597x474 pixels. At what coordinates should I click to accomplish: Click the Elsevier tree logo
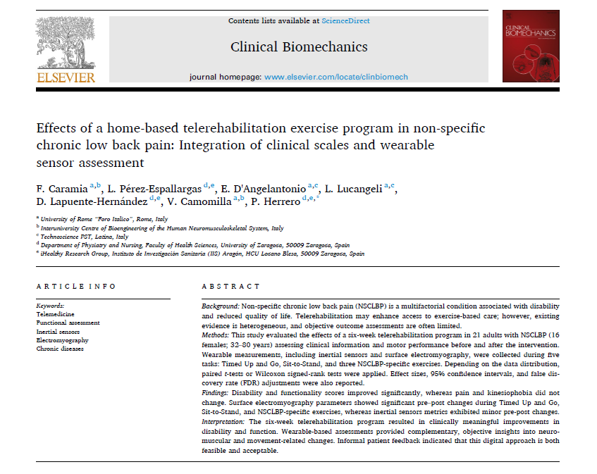(x=65, y=42)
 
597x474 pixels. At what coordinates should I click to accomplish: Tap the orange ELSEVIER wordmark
(x=66, y=77)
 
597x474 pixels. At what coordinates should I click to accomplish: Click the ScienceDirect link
(x=345, y=21)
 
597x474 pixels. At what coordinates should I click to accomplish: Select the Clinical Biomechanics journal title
(x=299, y=47)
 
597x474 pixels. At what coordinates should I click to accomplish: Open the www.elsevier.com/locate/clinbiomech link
(x=336, y=77)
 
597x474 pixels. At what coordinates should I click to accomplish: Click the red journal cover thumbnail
(x=531, y=46)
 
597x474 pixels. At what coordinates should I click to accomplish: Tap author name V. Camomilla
(x=200, y=201)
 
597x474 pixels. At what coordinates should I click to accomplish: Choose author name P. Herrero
(x=276, y=201)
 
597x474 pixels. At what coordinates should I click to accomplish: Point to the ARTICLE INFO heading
(x=76, y=287)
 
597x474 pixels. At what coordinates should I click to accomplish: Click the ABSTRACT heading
(x=230, y=287)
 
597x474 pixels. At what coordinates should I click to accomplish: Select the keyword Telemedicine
(x=55, y=314)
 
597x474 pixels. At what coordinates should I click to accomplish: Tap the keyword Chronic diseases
(x=60, y=348)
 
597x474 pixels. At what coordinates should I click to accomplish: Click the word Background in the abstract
(x=220, y=306)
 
